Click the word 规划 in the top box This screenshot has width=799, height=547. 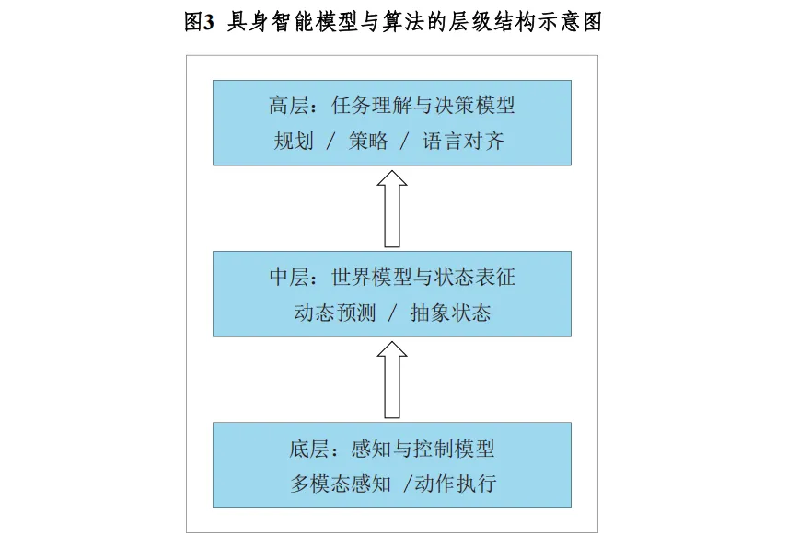click(x=294, y=142)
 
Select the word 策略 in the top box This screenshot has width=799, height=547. click(x=368, y=142)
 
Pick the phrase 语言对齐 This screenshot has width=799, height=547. click(x=463, y=142)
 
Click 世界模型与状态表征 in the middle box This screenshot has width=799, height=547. click(x=423, y=277)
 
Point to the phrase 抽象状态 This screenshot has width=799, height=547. click(x=450, y=313)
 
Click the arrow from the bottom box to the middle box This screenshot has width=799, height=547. click(x=392, y=379)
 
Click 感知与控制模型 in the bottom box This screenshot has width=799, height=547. click(x=423, y=449)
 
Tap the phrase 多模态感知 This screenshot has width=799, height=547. click(x=341, y=484)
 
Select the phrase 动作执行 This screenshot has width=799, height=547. click(x=455, y=484)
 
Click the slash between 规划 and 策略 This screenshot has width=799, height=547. click(x=330, y=142)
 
